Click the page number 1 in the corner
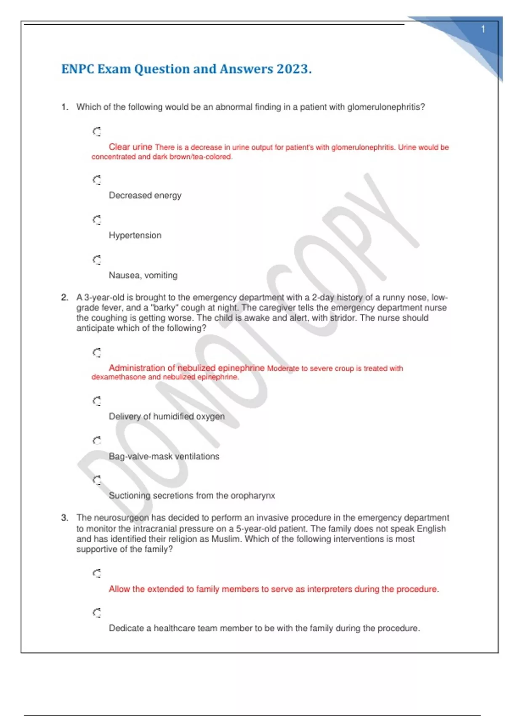[483, 29]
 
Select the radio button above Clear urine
[97, 132]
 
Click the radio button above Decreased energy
[97, 180]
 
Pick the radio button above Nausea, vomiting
[97, 260]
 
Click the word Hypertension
[135, 235]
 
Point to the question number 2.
[64, 297]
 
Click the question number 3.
[64, 518]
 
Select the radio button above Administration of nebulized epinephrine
[97, 353]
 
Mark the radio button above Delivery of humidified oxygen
[97, 401]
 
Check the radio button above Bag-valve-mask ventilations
[97, 441]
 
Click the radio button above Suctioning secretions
[97, 480]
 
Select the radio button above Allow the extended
[97, 573]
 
